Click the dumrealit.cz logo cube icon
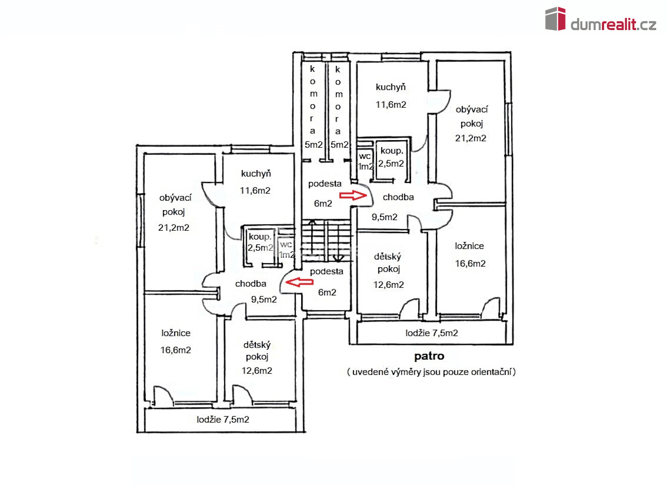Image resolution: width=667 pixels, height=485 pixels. tap(555, 18)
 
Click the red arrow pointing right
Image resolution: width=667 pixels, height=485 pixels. tap(353, 195)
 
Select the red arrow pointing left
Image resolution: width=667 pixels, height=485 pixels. tap(299, 282)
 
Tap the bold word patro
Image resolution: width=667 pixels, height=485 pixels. tap(429, 357)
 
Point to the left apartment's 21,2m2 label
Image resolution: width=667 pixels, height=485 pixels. tap(174, 228)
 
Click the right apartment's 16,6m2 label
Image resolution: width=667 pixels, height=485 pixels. tap(470, 264)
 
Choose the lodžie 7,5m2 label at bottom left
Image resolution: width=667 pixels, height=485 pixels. tap(223, 419)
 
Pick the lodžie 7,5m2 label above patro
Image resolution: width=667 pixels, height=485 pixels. tap(431, 333)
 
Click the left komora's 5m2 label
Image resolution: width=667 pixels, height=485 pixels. tap(314, 145)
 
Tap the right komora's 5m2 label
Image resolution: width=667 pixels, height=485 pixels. tap(339, 145)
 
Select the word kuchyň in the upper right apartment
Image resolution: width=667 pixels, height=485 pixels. tap(391, 87)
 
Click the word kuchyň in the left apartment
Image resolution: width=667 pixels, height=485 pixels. tap(256, 173)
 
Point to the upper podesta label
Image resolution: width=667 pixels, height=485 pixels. tap(325, 184)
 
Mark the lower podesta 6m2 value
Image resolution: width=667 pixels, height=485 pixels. tap(327, 292)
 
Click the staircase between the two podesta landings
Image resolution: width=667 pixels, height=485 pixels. tap(327, 241)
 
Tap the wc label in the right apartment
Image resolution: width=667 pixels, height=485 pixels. tap(365, 156)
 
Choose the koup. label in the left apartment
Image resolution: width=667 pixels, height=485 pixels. tap(260, 237)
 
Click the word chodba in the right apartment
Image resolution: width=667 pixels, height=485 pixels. tap(398, 197)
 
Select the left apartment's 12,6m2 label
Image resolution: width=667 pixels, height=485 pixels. tap(257, 371)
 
